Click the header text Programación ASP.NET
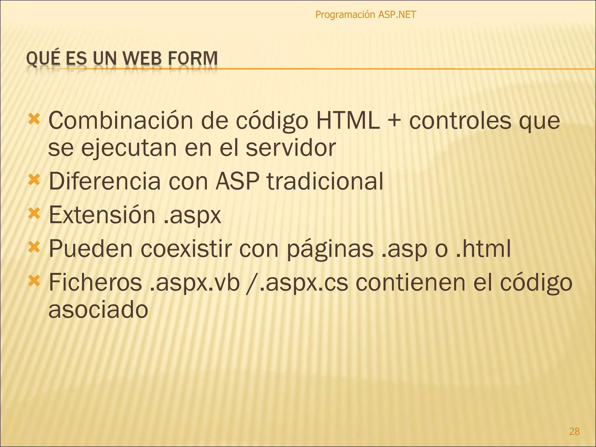(366, 15)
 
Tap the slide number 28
(574, 431)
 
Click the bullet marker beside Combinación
(34, 119)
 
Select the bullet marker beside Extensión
(34, 214)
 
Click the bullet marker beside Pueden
(34, 248)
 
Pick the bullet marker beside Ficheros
(34, 281)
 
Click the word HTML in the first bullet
(348, 120)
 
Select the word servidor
(291, 148)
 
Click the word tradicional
(325, 181)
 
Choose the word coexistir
(187, 249)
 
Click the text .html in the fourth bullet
(483, 249)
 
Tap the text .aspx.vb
(194, 283)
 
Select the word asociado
(98, 310)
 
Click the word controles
(460, 120)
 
